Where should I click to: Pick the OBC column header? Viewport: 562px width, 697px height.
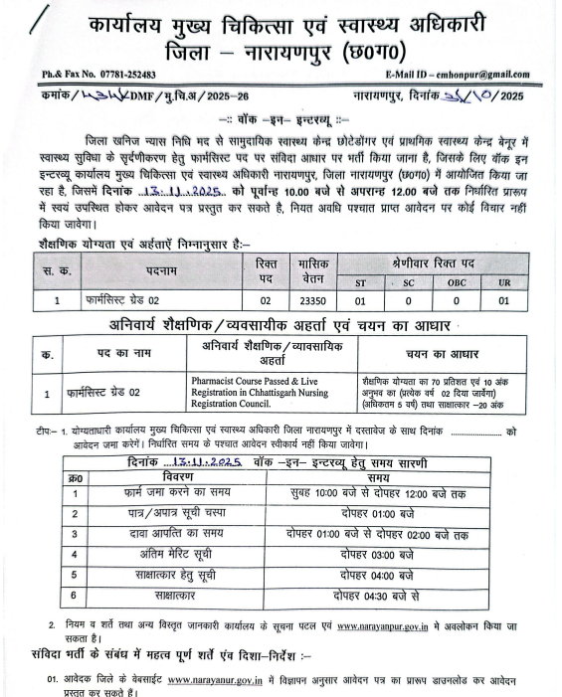[x=457, y=283]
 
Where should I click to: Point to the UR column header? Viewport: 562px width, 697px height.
[x=504, y=283]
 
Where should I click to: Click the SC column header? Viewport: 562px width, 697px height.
[x=409, y=283]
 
